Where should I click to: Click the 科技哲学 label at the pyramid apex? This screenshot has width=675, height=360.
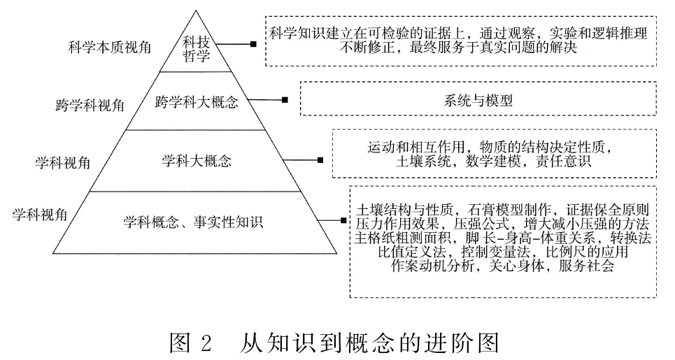click(197, 49)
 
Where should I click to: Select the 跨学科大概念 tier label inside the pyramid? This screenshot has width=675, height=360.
click(197, 102)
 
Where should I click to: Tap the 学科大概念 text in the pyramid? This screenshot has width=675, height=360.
click(197, 161)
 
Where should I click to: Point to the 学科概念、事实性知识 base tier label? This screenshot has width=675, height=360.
click(193, 222)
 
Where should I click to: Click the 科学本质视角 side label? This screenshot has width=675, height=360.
click(110, 47)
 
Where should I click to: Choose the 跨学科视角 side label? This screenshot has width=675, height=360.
click(90, 105)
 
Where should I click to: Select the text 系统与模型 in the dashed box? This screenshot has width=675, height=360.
click(478, 100)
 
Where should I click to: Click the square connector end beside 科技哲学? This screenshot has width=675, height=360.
click(253, 44)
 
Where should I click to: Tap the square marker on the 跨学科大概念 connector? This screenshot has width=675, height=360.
click(285, 100)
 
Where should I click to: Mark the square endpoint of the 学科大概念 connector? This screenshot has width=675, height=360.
click(320, 160)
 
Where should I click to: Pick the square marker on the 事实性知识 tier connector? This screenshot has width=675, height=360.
click(343, 221)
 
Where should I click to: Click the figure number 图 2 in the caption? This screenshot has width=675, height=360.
click(192, 343)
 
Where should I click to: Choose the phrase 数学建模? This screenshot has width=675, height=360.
click(492, 161)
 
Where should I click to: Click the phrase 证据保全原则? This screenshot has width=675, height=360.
click(607, 210)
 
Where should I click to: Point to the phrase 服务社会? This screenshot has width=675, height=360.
click(586, 266)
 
